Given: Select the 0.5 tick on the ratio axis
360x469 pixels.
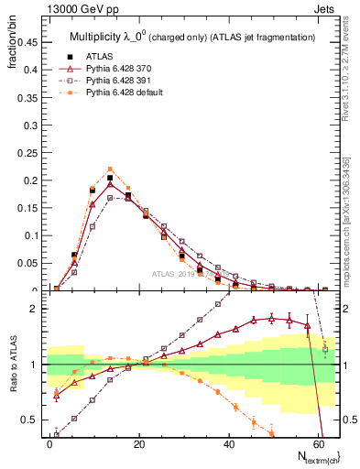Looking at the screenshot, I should click(30, 420).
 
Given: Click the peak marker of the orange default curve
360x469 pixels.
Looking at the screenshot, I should click(110, 169).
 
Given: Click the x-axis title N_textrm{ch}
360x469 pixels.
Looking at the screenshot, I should click(314, 455).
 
